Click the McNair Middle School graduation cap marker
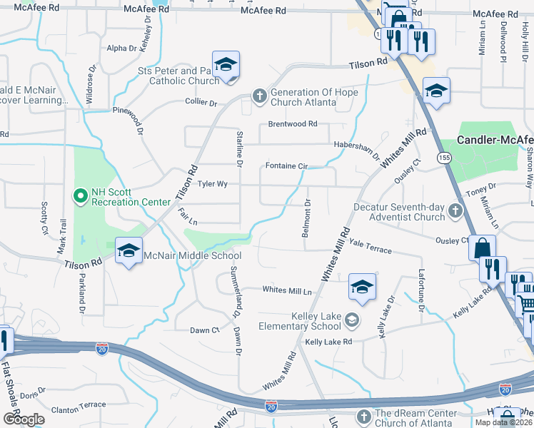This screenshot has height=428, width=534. (x=129, y=251)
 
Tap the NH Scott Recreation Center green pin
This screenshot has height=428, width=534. (x=79, y=194)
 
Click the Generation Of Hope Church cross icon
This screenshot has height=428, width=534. (x=259, y=96)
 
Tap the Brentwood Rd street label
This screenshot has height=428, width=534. (x=293, y=124)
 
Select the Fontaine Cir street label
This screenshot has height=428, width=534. (x=286, y=166)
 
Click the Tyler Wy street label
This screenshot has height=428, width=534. (x=212, y=184)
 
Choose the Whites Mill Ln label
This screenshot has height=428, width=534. (x=288, y=290)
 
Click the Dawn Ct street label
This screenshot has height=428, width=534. (x=205, y=330)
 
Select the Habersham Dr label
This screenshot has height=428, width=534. (x=357, y=147)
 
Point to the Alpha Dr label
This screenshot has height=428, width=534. (x=121, y=49)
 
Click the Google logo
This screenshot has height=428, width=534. (x=24, y=419)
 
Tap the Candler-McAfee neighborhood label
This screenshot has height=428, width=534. (x=495, y=141)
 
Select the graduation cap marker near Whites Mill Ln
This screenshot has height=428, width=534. (x=362, y=287)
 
